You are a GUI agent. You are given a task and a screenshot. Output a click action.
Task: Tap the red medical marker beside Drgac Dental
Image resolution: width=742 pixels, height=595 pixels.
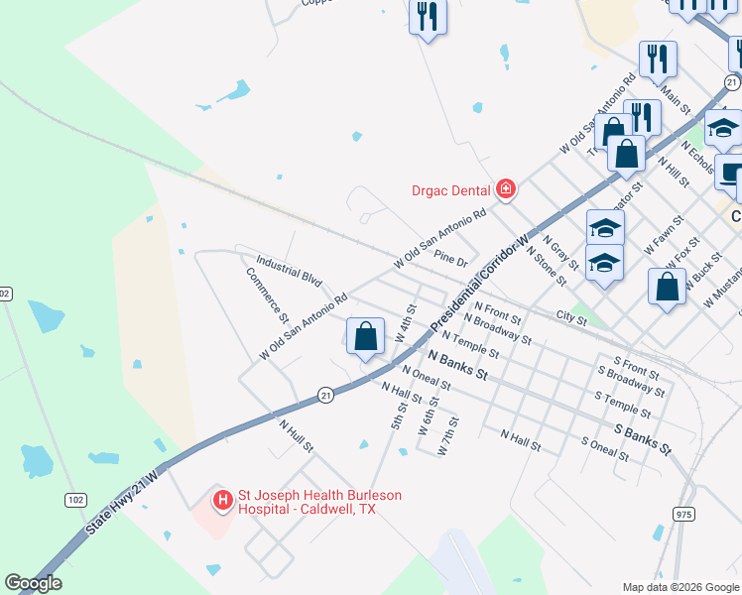pyautogui.click(x=506, y=188)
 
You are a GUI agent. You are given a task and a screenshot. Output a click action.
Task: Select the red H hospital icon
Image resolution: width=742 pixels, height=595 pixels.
pyautogui.click(x=223, y=500)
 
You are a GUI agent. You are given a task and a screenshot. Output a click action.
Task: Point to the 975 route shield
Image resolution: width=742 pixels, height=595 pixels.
pyautogui.click(x=682, y=514)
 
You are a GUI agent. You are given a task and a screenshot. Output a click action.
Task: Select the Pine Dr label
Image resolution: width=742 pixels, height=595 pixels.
pyautogui.click(x=450, y=259)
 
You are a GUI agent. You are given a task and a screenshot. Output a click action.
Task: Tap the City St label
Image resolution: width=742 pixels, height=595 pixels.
pyautogui.click(x=571, y=317)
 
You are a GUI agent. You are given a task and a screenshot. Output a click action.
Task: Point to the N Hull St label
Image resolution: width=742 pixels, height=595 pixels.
pyautogui.click(x=296, y=435)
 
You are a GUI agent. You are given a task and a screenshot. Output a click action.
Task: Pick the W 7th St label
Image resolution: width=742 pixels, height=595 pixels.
pyautogui.click(x=449, y=436)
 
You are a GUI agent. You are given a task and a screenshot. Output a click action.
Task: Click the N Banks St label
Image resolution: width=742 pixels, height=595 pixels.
pyautogui.click(x=457, y=365)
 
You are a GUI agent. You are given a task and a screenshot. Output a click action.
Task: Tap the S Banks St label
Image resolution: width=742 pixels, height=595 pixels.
pyautogui.click(x=642, y=439)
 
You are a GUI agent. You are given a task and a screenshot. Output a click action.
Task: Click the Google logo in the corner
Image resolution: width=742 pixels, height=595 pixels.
pyautogui.click(x=33, y=583)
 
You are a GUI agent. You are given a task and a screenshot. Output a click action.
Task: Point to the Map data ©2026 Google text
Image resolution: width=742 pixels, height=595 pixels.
pyautogui.click(x=680, y=587)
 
